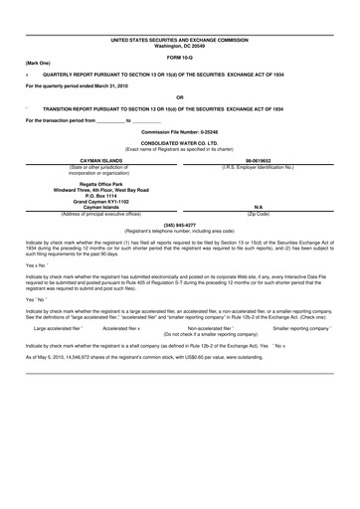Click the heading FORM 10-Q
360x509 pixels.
(x=180, y=56)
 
